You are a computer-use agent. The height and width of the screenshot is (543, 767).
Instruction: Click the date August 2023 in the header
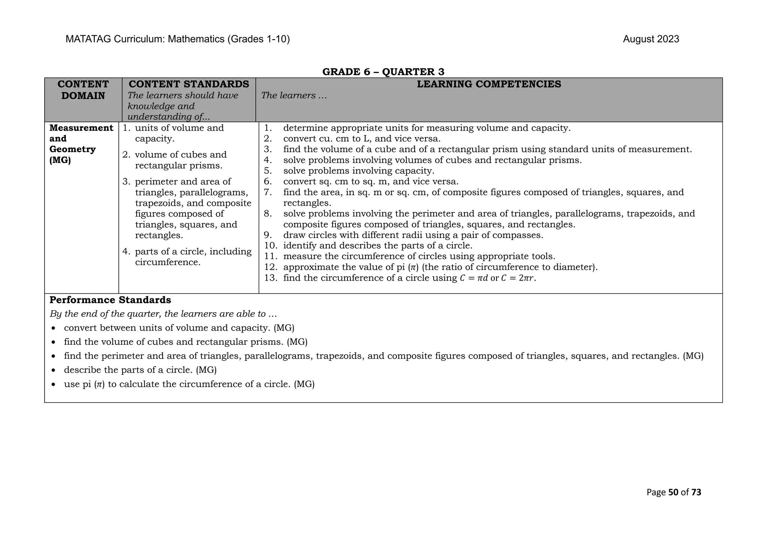[651, 39]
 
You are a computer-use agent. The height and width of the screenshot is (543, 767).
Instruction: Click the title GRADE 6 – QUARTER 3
[383, 72]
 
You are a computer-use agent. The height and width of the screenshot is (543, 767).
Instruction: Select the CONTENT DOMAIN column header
[83, 90]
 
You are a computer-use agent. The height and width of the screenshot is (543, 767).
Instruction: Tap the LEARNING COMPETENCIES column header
[489, 84]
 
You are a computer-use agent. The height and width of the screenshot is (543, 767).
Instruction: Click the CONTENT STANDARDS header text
[189, 84]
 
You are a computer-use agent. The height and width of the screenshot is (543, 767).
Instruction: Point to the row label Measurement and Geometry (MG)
[81, 144]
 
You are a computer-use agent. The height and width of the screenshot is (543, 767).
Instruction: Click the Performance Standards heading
[110, 300]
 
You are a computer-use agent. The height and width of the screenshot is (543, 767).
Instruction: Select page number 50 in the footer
[673, 492]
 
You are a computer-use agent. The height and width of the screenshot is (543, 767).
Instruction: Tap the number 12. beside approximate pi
[270, 267]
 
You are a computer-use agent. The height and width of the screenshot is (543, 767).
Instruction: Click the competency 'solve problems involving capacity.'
[358, 171]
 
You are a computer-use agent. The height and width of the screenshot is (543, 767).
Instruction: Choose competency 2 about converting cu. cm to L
[361, 139]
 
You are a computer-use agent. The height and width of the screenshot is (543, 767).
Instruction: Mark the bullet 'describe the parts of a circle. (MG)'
[140, 370]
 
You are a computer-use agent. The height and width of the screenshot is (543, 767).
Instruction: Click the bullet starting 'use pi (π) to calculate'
[189, 384]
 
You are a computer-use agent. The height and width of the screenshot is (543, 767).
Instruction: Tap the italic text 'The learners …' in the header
[294, 96]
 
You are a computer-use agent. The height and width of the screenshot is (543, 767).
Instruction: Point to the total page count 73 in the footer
[696, 492]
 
